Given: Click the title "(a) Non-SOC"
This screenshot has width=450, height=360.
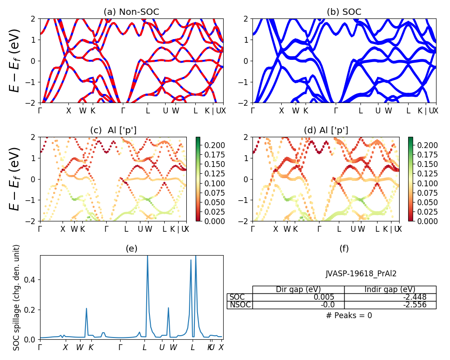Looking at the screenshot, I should coord(131,12).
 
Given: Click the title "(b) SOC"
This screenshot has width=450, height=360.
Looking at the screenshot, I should coord(344,12).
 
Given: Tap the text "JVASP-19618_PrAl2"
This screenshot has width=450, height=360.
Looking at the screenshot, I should coord(361,273).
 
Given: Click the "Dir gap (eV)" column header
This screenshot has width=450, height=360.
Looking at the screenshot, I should coord(298,289).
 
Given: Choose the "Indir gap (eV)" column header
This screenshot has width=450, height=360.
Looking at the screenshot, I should coord(390,289).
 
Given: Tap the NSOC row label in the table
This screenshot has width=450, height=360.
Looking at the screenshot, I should coord(240,305).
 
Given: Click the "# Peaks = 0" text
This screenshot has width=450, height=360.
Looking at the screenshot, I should coord(349,315).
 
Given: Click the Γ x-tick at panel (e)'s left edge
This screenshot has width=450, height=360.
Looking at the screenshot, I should coord(40,347).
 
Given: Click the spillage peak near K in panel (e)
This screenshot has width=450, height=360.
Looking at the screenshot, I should coord(86,309).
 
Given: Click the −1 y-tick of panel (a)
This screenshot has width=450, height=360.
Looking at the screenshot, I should coord(31,82).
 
